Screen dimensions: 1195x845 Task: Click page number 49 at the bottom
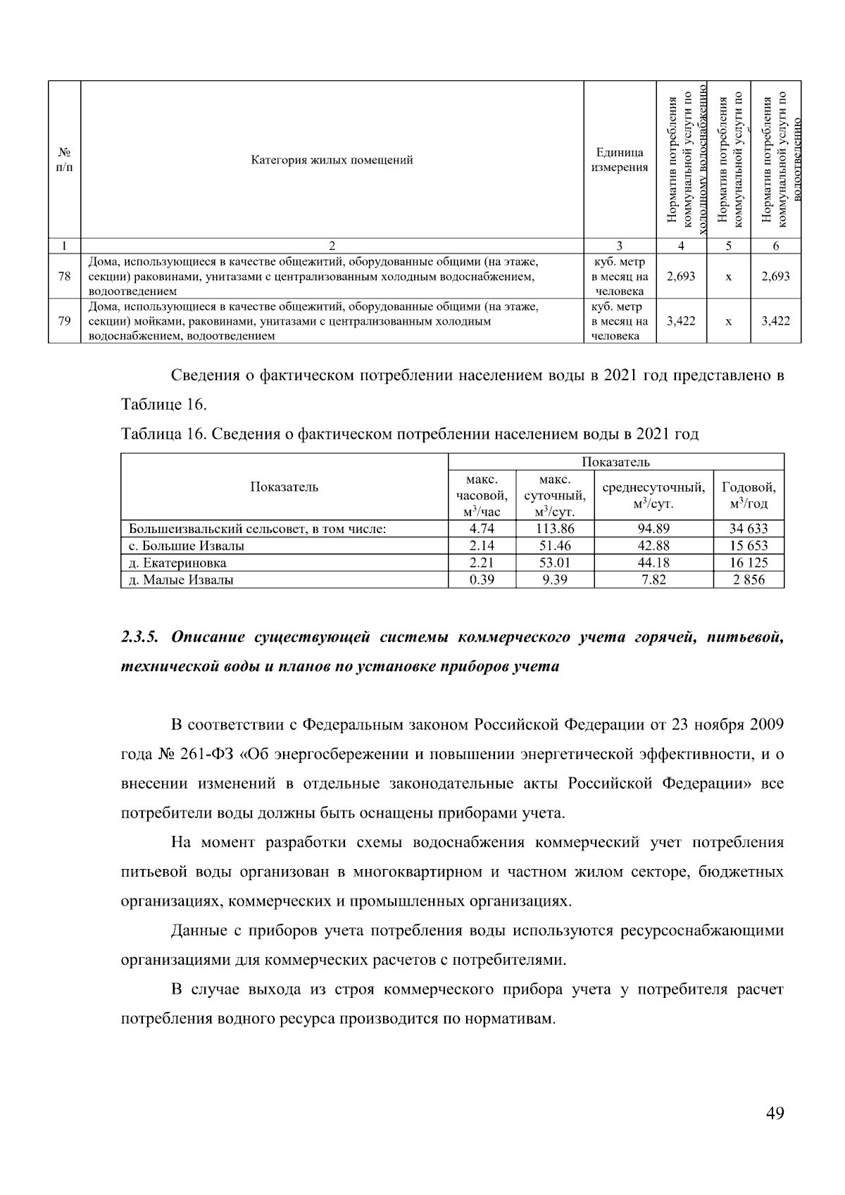click(775, 1113)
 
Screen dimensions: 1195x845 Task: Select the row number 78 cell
click(64, 276)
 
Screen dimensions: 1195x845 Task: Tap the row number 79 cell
click(64, 321)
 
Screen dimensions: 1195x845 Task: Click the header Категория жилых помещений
click(332, 160)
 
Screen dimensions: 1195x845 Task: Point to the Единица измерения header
click(619, 160)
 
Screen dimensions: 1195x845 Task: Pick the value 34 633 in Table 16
click(748, 528)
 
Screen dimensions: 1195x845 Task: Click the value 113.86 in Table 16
click(554, 528)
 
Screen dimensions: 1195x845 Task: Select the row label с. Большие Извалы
click(187, 546)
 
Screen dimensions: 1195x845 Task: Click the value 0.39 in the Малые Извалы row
click(482, 580)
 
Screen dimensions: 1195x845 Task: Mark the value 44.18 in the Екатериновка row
click(653, 563)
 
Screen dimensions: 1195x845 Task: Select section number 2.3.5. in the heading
click(141, 637)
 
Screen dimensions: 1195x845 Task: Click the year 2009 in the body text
click(766, 725)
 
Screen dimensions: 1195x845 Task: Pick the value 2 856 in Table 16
click(748, 580)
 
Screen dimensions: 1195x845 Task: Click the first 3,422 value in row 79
click(681, 321)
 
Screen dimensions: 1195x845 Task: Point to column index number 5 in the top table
click(728, 246)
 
